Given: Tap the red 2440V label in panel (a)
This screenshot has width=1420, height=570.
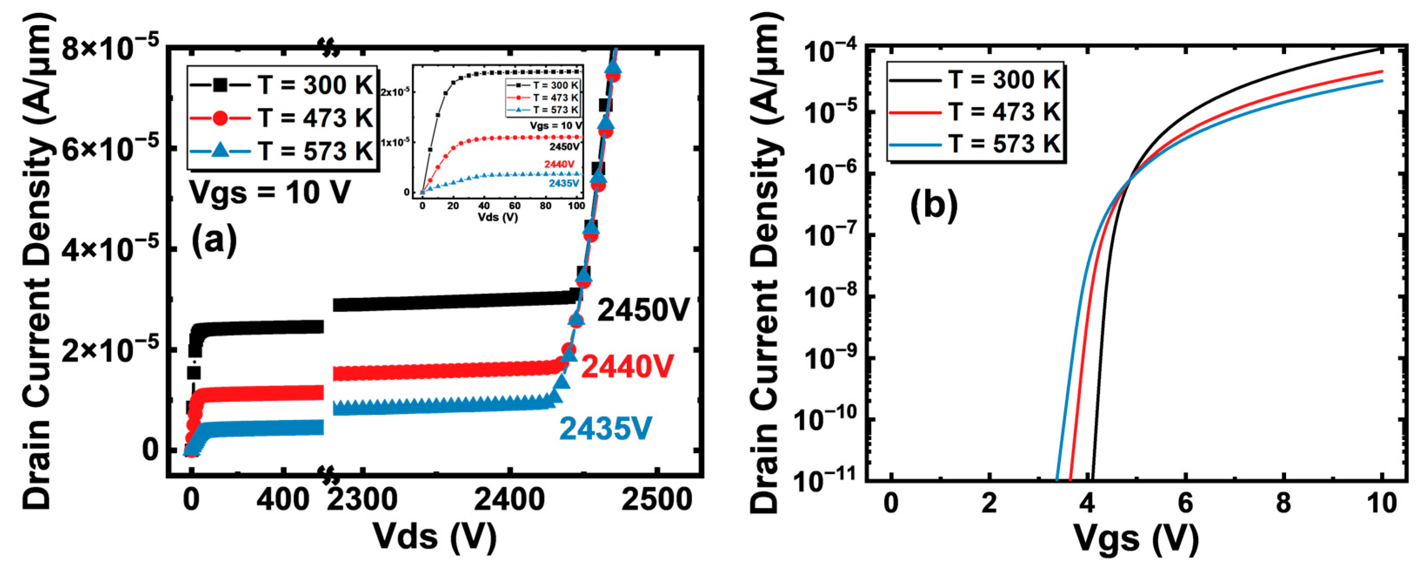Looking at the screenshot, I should [627, 367].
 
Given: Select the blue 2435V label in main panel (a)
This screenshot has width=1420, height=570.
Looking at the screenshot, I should [606, 428].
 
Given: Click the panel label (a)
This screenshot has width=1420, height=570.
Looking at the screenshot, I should [214, 241].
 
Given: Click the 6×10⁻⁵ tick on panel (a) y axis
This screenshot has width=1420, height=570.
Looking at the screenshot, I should [110, 149].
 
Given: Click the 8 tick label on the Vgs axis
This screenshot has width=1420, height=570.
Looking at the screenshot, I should [1283, 503].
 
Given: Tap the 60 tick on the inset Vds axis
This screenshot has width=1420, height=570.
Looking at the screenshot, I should [514, 206].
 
